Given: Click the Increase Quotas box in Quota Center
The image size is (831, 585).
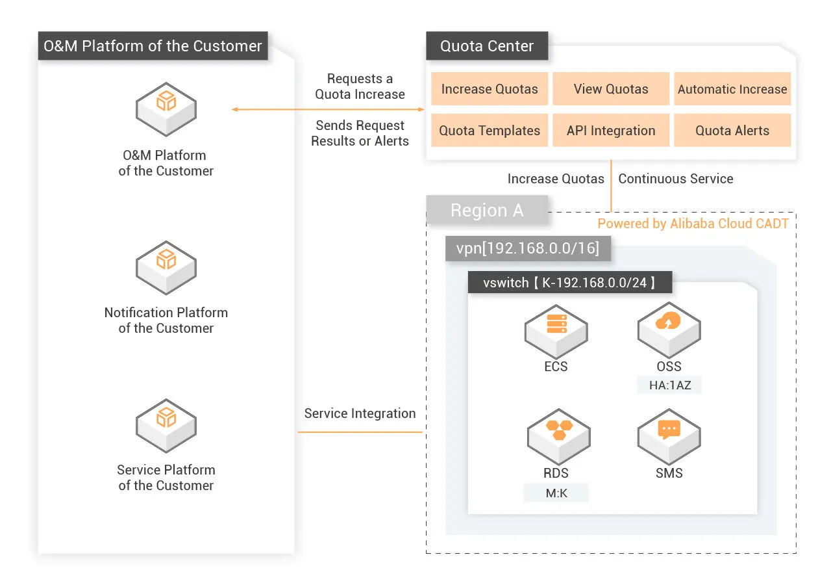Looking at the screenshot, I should (x=490, y=89).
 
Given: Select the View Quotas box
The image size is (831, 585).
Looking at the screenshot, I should (x=611, y=89).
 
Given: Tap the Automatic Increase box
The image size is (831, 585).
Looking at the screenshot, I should (x=732, y=89).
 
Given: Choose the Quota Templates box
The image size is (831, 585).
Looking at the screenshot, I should (x=490, y=131).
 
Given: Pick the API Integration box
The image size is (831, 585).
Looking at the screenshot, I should (x=611, y=131).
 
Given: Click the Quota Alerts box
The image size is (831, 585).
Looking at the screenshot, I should (x=732, y=131).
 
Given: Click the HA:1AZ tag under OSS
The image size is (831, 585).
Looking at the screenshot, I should (x=670, y=385).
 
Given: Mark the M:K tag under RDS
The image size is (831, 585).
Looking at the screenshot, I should (x=556, y=493).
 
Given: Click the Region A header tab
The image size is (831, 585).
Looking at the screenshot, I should (x=487, y=211).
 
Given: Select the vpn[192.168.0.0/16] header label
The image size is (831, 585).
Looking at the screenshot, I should (x=528, y=248).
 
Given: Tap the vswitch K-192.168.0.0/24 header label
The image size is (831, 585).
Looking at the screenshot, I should (x=569, y=283).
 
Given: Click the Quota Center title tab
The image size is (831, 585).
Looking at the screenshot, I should (x=487, y=46).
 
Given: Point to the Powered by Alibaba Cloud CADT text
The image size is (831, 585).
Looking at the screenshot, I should (x=693, y=224).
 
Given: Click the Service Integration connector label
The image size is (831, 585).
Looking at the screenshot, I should (x=360, y=413).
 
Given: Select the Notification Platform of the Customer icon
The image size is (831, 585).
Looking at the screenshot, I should (x=166, y=266).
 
